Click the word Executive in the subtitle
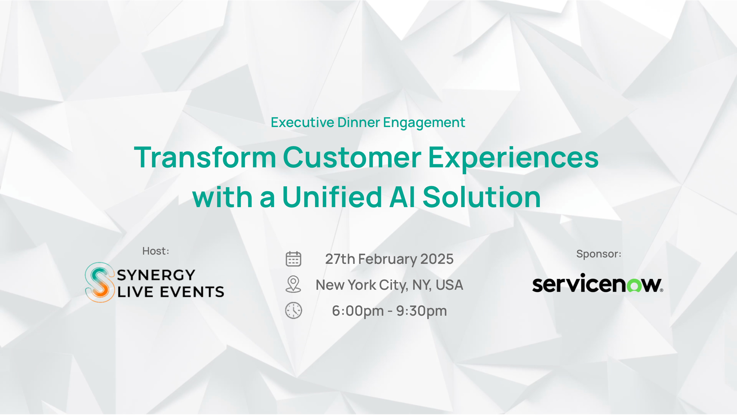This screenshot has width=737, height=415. point(302,122)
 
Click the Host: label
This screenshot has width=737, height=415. point(156,251)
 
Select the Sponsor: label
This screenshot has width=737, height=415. point(599,254)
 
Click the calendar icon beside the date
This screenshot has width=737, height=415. point(293,259)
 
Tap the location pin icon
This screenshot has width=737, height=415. point(293,284)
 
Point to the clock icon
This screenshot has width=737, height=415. point(293,310)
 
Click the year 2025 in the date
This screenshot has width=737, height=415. point(437,259)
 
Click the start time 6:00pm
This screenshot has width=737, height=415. point(358,311)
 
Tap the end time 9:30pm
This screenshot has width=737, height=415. point(421,311)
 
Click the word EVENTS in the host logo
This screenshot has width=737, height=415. point(192,292)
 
